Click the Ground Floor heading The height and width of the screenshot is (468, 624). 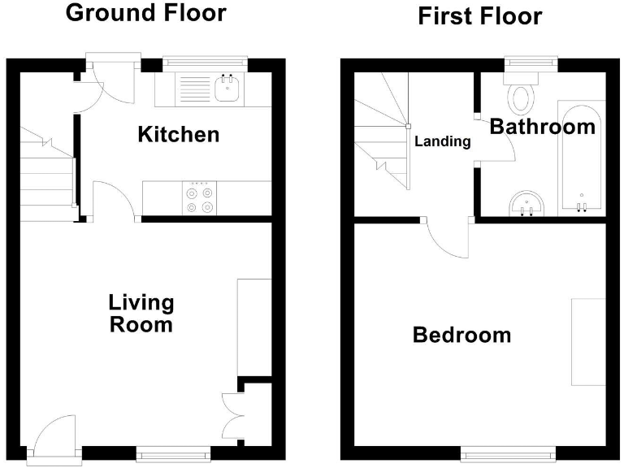pyautogui.click(x=145, y=14)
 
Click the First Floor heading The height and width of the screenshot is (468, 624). pyautogui.click(x=479, y=16)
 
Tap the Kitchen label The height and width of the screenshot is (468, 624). pyautogui.click(x=178, y=134)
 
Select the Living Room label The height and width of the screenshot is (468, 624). pyautogui.click(x=141, y=314)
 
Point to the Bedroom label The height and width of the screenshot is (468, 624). pyautogui.click(x=461, y=335)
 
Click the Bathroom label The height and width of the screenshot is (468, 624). pyautogui.click(x=542, y=127)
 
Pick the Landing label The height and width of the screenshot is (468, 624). pyautogui.click(x=443, y=141)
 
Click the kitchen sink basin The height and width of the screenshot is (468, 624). pyautogui.click(x=226, y=88)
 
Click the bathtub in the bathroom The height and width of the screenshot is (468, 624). pyautogui.click(x=581, y=158)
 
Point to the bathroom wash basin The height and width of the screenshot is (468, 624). pyautogui.click(x=528, y=206)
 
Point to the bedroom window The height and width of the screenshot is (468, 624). pyautogui.click(x=509, y=453)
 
